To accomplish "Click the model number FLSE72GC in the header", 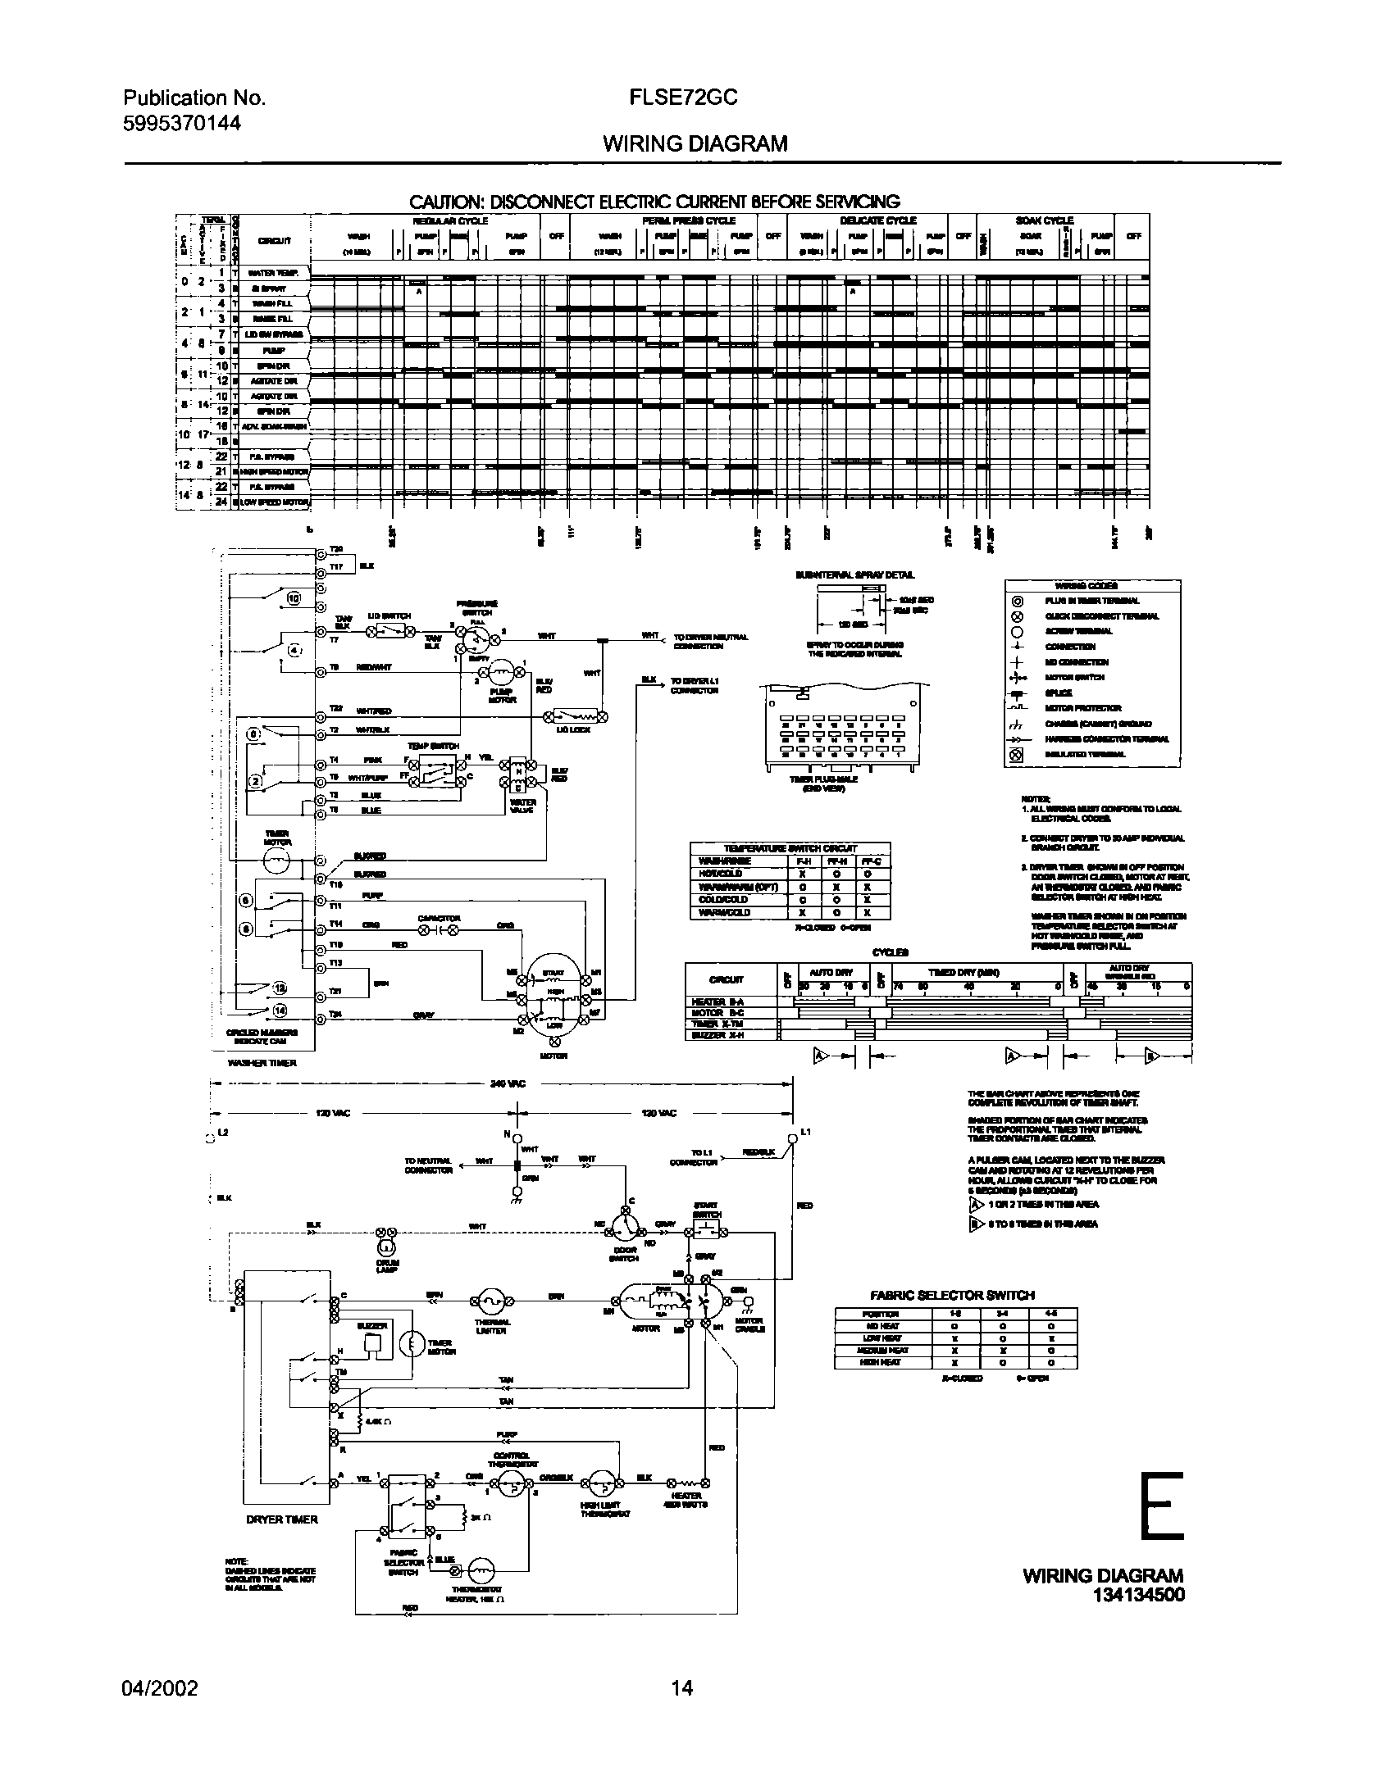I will pos(683,98).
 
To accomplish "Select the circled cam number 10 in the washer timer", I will pos(294,597).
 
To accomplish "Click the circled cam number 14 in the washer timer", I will pos(280,1010).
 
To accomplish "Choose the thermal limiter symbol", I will pos(490,1301).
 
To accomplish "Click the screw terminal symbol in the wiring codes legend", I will pos(1017,631).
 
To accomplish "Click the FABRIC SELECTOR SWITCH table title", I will pos(952,1295).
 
